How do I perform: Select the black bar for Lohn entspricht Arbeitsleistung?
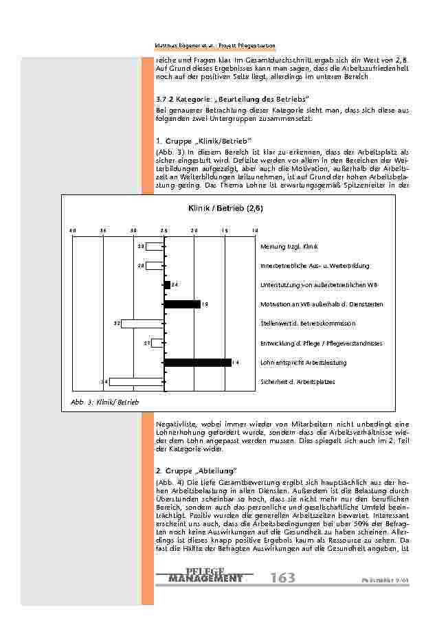click(x=198, y=362)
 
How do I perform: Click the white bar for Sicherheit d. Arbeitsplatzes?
click(x=137, y=381)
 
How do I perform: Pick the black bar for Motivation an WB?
click(x=182, y=304)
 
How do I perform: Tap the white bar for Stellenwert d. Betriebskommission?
click(x=142, y=323)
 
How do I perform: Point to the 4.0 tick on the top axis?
click(x=73, y=229)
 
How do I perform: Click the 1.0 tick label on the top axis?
click(x=254, y=229)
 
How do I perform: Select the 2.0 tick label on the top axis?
click(x=194, y=229)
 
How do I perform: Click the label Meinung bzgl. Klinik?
click(x=289, y=246)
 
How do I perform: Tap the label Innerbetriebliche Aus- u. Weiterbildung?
click(x=315, y=265)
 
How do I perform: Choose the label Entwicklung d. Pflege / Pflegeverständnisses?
click(x=322, y=343)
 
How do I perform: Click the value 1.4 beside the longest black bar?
click(x=236, y=362)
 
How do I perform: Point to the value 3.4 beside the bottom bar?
click(x=104, y=381)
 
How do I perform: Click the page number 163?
click(x=282, y=578)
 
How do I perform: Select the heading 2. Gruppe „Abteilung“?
click(x=196, y=471)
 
